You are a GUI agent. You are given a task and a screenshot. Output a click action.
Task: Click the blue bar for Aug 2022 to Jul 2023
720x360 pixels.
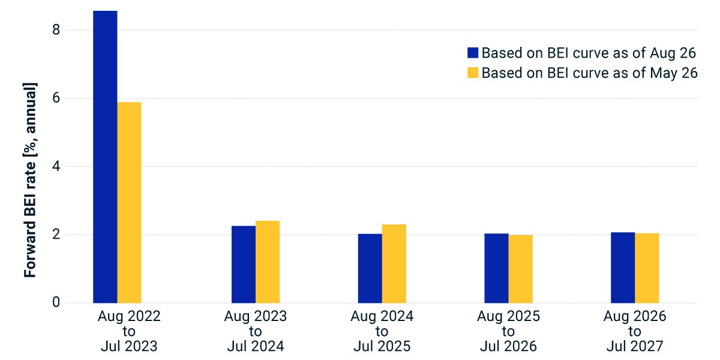pos(105,157)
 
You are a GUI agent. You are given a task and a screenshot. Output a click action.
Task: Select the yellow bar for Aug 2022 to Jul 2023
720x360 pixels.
pos(129,203)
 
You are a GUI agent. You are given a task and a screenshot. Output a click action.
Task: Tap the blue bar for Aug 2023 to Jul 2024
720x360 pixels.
pos(244,265)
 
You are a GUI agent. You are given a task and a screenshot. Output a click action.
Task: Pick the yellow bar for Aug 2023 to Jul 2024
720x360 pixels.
pos(268,262)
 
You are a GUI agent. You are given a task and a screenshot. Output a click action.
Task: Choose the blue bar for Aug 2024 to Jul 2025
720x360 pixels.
pos(370,268)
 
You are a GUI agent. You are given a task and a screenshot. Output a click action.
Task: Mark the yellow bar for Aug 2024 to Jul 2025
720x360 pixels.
pos(394,264)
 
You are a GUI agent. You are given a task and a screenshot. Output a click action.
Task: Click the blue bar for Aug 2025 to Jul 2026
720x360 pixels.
pos(497,268)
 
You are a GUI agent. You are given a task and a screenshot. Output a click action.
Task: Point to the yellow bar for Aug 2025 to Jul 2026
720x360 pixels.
pos(521,269)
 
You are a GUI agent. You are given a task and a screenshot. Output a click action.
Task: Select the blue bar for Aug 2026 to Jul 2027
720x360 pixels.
pos(623,268)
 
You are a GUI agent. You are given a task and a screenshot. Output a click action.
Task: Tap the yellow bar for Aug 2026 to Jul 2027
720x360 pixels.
pos(647,268)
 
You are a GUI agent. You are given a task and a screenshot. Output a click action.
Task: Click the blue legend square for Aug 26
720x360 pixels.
pos(473,53)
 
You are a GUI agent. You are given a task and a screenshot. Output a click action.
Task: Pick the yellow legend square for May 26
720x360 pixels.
pos(473,73)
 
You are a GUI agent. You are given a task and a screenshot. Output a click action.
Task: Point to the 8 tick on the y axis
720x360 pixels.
pos(56,30)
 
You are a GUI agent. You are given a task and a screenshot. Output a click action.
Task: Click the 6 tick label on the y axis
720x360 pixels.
pos(56,98)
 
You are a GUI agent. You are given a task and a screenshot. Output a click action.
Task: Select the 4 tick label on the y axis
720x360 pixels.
pos(56,166)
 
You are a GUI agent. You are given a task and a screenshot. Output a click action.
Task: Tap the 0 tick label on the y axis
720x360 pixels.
pos(56,302)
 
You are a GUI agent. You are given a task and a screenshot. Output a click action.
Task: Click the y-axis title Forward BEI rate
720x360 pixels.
pos(30,180)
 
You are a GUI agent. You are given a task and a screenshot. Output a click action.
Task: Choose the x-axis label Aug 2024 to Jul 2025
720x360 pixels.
pos(382,331)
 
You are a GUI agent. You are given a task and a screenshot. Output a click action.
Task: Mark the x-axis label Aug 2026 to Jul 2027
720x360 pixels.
pos(635,331)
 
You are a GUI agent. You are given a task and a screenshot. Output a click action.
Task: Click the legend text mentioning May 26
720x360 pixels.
pos(590,73)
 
